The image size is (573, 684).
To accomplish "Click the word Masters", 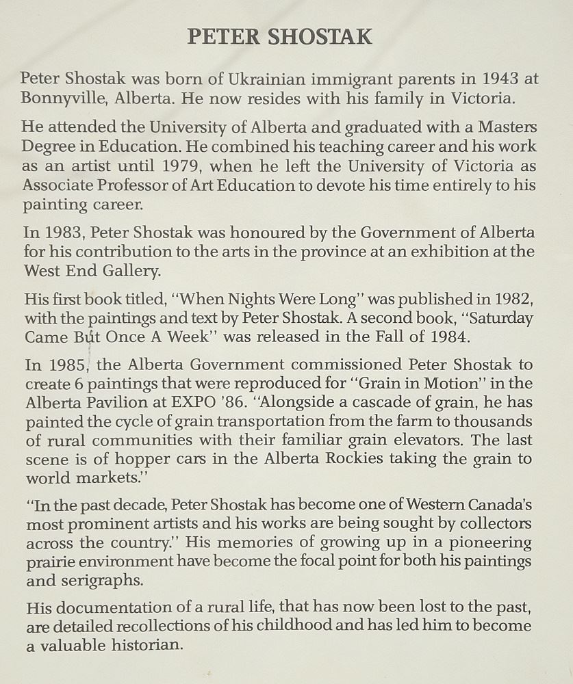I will pyautogui.click(x=504, y=127).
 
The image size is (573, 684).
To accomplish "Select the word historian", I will pyautogui.click(x=144, y=645).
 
